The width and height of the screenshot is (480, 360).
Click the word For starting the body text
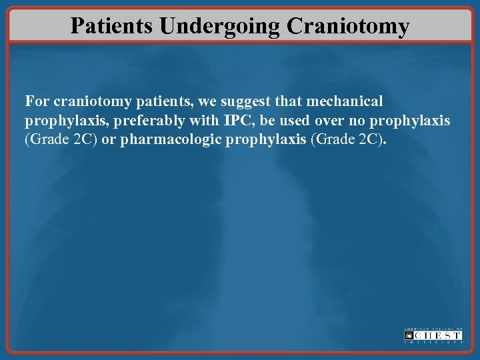(x=37, y=101)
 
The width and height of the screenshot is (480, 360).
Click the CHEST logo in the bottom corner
(x=433, y=335)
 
